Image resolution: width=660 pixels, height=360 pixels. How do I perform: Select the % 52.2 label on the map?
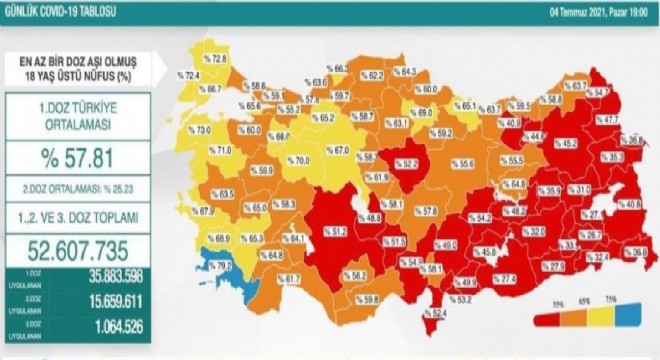point(404,163)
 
